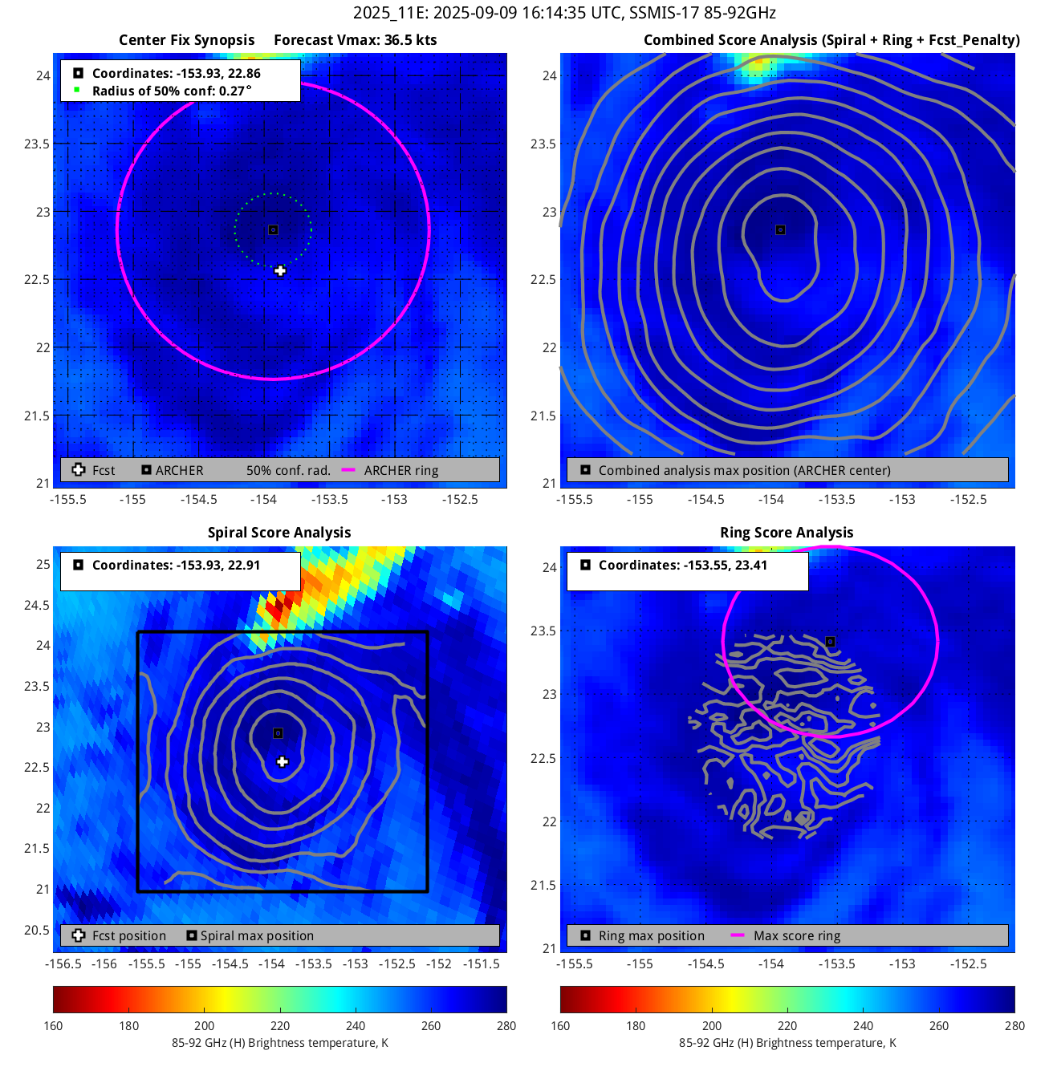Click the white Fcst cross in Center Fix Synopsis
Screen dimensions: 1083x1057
coord(280,271)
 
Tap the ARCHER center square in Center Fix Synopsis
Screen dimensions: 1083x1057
coord(273,229)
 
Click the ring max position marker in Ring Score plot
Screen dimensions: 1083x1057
coord(831,642)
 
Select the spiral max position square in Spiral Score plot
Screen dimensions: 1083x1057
coord(278,733)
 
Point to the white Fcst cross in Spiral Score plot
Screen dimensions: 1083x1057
coord(283,761)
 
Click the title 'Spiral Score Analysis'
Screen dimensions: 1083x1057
coord(279,533)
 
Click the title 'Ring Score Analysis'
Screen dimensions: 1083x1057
coord(787,533)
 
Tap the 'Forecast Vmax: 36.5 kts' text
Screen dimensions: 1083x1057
coord(356,40)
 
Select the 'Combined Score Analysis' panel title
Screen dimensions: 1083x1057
coord(831,40)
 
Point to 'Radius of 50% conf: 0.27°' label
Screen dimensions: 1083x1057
coord(172,91)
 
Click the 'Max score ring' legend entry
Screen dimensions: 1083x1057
coord(796,936)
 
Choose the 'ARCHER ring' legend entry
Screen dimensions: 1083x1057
coord(401,471)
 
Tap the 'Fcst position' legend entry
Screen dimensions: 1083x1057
coord(128,936)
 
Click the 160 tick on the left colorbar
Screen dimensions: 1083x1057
coord(54,1026)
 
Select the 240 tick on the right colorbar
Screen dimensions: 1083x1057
coord(863,1026)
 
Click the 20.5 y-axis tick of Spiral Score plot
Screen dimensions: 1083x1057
coord(36,930)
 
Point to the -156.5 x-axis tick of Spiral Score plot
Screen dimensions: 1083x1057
coord(63,964)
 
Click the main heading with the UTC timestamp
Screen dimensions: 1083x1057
coord(564,14)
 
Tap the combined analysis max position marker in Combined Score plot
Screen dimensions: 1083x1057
coord(780,229)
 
